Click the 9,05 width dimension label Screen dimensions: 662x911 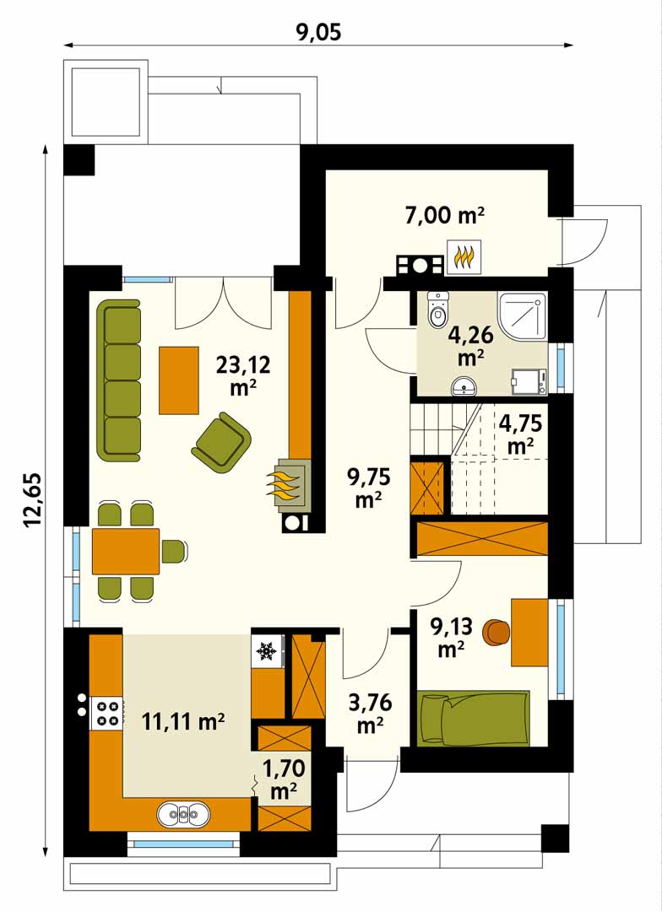(x=319, y=32)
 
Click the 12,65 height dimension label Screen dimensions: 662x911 (x=33, y=499)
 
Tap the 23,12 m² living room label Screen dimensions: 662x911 (x=243, y=375)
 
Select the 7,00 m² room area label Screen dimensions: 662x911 (x=445, y=216)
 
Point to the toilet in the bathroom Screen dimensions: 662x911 (x=437, y=309)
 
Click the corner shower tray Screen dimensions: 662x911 (x=523, y=316)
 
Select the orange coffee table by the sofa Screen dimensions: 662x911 (x=179, y=380)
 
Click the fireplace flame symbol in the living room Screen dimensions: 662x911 (x=283, y=484)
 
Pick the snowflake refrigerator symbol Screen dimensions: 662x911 (x=267, y=650)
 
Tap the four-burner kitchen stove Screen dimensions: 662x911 (x=106, y=714)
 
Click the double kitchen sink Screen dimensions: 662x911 (x=183, y=814)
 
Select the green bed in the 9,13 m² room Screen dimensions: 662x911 (x=474, y=718)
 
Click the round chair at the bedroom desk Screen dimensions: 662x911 (x=497, y=632)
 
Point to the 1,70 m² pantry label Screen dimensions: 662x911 (x=284, y=779)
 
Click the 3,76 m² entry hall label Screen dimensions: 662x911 (x=370, y=713)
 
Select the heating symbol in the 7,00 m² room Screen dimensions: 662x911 (x=464, y=256)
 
